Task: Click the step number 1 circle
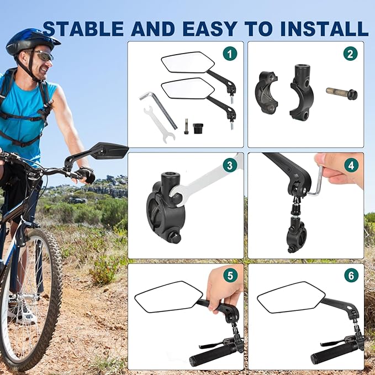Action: pos(229,54)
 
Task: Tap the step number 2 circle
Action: pos(350,54)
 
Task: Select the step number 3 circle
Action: pos(229,165)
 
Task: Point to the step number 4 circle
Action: pos(350,165)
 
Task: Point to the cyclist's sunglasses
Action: pos(43,55)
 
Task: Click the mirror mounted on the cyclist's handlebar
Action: pos(109,150)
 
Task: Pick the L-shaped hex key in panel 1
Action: pos(158,108)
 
